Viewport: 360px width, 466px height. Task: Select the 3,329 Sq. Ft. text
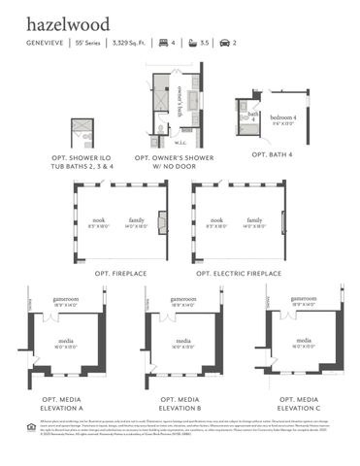click(133, 45)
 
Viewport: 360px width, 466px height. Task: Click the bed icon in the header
click(163, 45)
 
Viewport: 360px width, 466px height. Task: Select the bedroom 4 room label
click(282, 119)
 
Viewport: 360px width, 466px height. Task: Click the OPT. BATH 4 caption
click(272, 154)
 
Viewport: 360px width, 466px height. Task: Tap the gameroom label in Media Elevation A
click(66, 299)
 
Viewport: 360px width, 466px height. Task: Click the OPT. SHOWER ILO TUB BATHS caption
click(82, 161)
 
